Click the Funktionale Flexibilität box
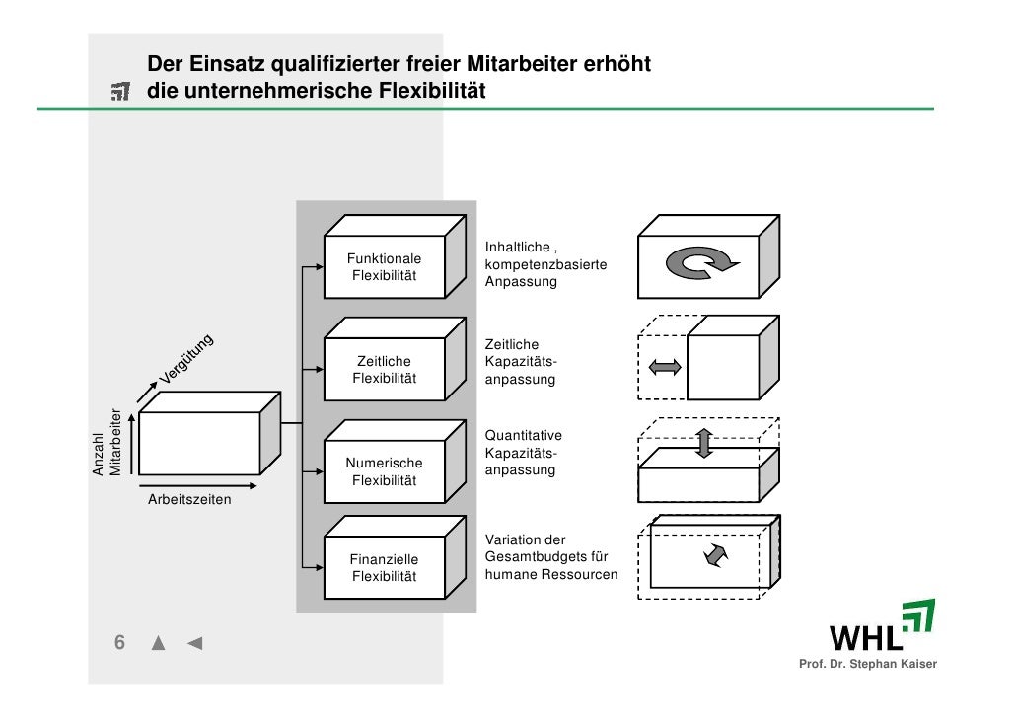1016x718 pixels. point(385,267)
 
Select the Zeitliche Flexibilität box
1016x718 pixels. point(385,370)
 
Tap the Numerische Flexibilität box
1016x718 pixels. point(385,472)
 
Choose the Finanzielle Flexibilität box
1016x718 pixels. point(385,568)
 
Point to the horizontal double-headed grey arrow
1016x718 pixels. point(666,367)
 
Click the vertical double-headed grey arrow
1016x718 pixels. point(703,443)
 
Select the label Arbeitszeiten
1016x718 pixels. point(189,499)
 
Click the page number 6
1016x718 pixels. point(119,643)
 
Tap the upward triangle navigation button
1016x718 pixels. point(158,644)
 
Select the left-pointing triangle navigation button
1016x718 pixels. point(194,644)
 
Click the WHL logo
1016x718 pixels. point(882,626)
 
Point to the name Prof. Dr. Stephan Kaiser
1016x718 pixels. point(868,663)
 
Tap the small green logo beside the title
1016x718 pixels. point(120,93)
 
